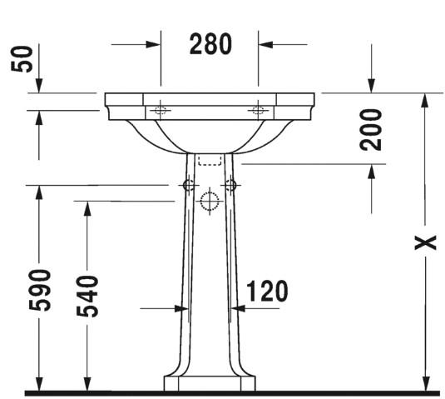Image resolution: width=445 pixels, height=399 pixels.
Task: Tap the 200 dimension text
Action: pyautogui.click(x=372, y=128)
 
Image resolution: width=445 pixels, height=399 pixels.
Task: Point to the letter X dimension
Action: pyautogui.click(x=425, y=242)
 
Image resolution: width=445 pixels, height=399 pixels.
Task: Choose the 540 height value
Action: pyautogui.click(x=89, y=297)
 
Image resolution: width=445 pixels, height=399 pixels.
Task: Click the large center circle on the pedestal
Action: pyautogui.click(x=209, y=201)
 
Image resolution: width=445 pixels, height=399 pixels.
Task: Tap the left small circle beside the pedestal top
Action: pyautogui.click(x=188, y=184)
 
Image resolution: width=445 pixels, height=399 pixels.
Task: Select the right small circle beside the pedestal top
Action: pyautogui.click(x=231, y=184)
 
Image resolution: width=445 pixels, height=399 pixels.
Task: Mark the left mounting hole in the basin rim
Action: pyautogui.click(x=160, y=110)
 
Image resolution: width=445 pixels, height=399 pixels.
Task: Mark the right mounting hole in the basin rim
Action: pyautogui.click(x=258, y=110)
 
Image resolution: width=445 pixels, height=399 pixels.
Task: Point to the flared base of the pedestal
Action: pyautogui.click(x=209, y=379)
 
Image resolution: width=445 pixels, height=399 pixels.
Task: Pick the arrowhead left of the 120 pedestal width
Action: pyautogui.click(x=179, y=308)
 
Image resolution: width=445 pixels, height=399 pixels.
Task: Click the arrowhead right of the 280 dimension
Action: pyautogui.click(x=265, y=44)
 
